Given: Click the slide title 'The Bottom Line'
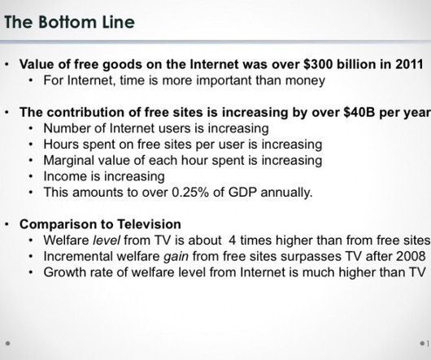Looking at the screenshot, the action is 70,22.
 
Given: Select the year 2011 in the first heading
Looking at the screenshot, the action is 409,64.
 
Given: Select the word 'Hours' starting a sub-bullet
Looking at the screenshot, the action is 61,144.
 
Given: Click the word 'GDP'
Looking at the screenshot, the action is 242,193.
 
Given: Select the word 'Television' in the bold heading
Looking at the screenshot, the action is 149,224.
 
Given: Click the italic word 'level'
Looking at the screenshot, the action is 107,241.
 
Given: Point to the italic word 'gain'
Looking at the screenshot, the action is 176,257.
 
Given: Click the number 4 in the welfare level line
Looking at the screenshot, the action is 233,241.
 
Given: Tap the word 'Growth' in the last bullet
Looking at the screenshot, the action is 65,272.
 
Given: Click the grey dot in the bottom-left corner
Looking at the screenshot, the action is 7,343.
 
